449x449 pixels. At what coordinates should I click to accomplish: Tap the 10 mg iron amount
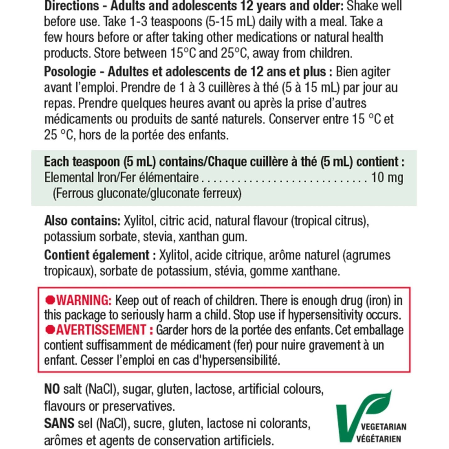(x=387, y=177)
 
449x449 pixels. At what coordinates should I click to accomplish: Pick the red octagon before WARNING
(x=50, y=300)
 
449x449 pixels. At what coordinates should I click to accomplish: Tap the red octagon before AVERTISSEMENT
(x=50, y=330)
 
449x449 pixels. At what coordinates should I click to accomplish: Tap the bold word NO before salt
(x=52, y=389)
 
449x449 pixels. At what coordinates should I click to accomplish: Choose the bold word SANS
(x=59, y=423)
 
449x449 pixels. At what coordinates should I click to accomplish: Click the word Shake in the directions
(x=360, y=6)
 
